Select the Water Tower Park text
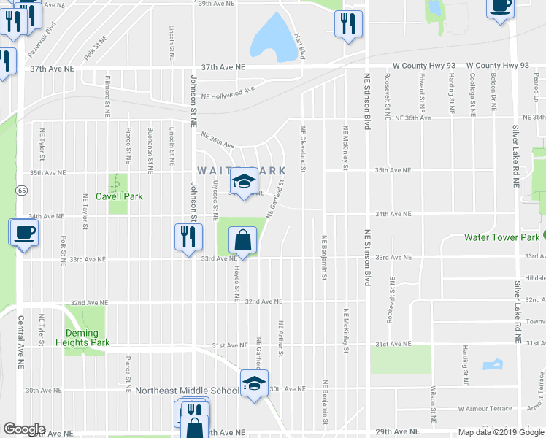(x=501, y=237)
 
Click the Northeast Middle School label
(x=187, y=391)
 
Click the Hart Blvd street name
(x=299, y=46)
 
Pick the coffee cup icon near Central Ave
(x=23, y=232)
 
